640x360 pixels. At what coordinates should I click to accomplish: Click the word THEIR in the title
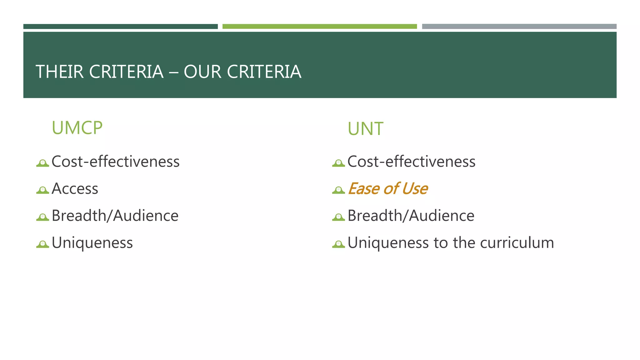[x=60, y=72]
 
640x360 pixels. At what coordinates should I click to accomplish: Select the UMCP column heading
[x=77, y=128]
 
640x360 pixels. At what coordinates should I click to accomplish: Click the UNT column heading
[x=365, y=129]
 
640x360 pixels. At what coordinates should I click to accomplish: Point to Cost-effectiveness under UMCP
[x=115, y=162]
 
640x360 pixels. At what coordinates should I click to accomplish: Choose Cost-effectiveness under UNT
[x=411, y=162]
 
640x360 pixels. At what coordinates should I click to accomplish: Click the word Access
[x=75, y=189]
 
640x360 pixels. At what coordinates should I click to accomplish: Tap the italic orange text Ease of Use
[x=387, y=189]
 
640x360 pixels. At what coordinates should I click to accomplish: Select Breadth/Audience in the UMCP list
[x=115, y=216]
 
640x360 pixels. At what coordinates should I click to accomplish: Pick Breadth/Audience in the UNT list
[x=411, y=216]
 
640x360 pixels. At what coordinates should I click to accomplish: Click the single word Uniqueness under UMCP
[x=92, y=243]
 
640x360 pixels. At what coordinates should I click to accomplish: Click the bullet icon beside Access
[x=42, y=190]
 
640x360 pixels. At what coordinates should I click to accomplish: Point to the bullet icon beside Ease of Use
[x=338, y=190]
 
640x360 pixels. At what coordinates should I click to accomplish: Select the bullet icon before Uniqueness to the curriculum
[x=338, y=244]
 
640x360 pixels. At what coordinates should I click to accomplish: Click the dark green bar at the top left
[x=120, y=27]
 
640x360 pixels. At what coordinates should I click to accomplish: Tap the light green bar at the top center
[x=319, y=27]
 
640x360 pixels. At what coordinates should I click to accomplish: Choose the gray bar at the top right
[x=519, y=27]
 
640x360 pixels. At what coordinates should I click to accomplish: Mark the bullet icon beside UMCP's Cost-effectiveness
[x=42, y=163]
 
